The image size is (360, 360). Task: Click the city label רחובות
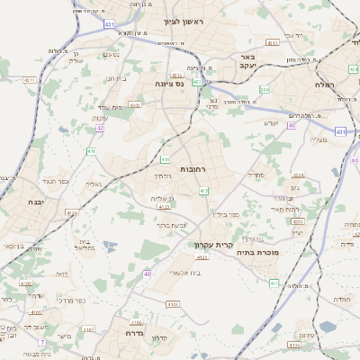pos(193,169)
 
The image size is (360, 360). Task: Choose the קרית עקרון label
pos(213,245)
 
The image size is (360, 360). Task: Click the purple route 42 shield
pos(100,129)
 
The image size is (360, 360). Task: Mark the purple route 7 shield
pos(41,342)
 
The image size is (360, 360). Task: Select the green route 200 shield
pos(265,90)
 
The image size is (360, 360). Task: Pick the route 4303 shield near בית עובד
pos(135,105)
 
